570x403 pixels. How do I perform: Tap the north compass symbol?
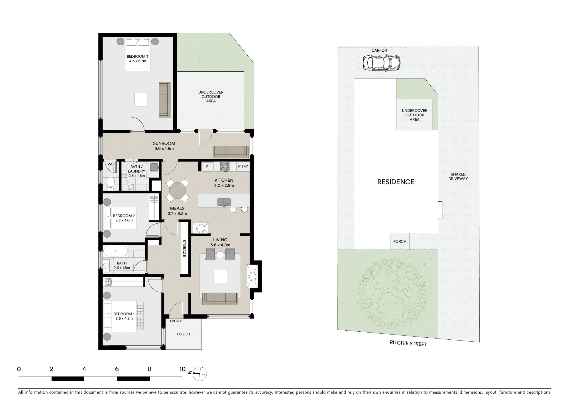tap(199, 373)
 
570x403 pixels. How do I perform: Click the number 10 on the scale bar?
tap(182, 369)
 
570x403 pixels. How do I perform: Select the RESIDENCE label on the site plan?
tap(396, 182)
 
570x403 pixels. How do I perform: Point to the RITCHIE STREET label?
tap(408, 344)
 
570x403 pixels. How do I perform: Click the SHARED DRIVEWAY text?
tap(458, 177)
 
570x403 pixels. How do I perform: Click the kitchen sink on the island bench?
tap(224, 202)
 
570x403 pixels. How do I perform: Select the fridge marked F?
tap(207, 167)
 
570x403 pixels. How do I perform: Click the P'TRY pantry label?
tap(243, 167)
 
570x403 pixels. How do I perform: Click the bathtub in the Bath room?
tap(116, 251)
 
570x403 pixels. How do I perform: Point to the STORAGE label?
tap(184, 248)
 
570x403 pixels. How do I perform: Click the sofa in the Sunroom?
tap(231, 151)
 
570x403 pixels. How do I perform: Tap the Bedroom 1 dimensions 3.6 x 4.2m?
tap(124, 319)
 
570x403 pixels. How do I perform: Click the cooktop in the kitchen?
tap(225, 167)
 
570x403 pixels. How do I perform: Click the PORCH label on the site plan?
tap(400, 241)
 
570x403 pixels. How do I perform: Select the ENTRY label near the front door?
tap(176, 321)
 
